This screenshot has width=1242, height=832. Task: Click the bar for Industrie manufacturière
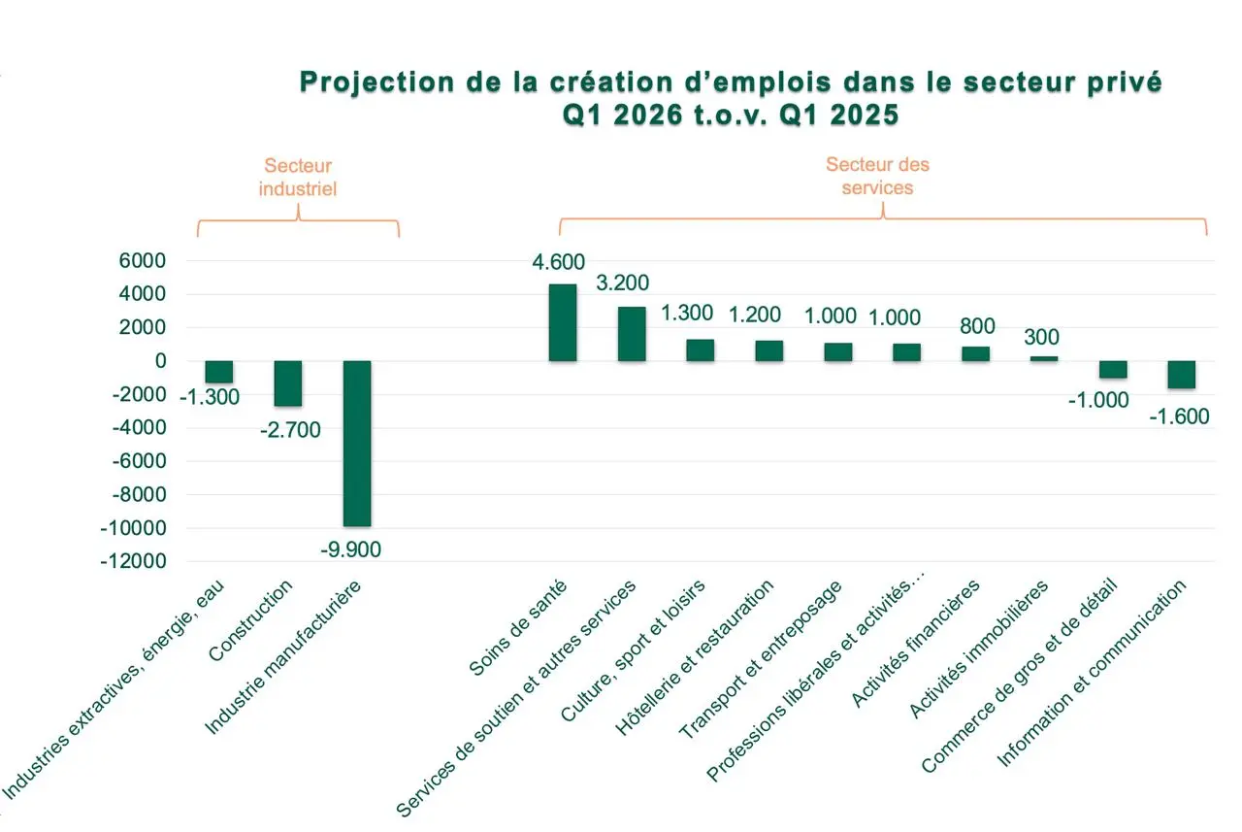(x=357, y=443)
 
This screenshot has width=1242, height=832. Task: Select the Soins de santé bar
(x=563, y=322)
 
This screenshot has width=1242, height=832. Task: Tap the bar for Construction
(x=288, y=383)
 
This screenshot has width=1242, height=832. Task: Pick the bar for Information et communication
(x=1181, y=375)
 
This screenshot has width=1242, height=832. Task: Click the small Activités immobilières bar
(x=1044, y=358)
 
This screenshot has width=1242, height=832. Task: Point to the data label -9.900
(x=350, y=549)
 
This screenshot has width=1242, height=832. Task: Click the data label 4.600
(x=560, y=263)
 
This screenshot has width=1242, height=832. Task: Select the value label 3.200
(x=622, y=283)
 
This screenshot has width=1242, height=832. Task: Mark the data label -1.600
(x=1179, y=416)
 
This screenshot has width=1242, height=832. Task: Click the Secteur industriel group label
(x=298, y=178)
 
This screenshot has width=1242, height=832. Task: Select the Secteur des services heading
(x=877, y=176)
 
